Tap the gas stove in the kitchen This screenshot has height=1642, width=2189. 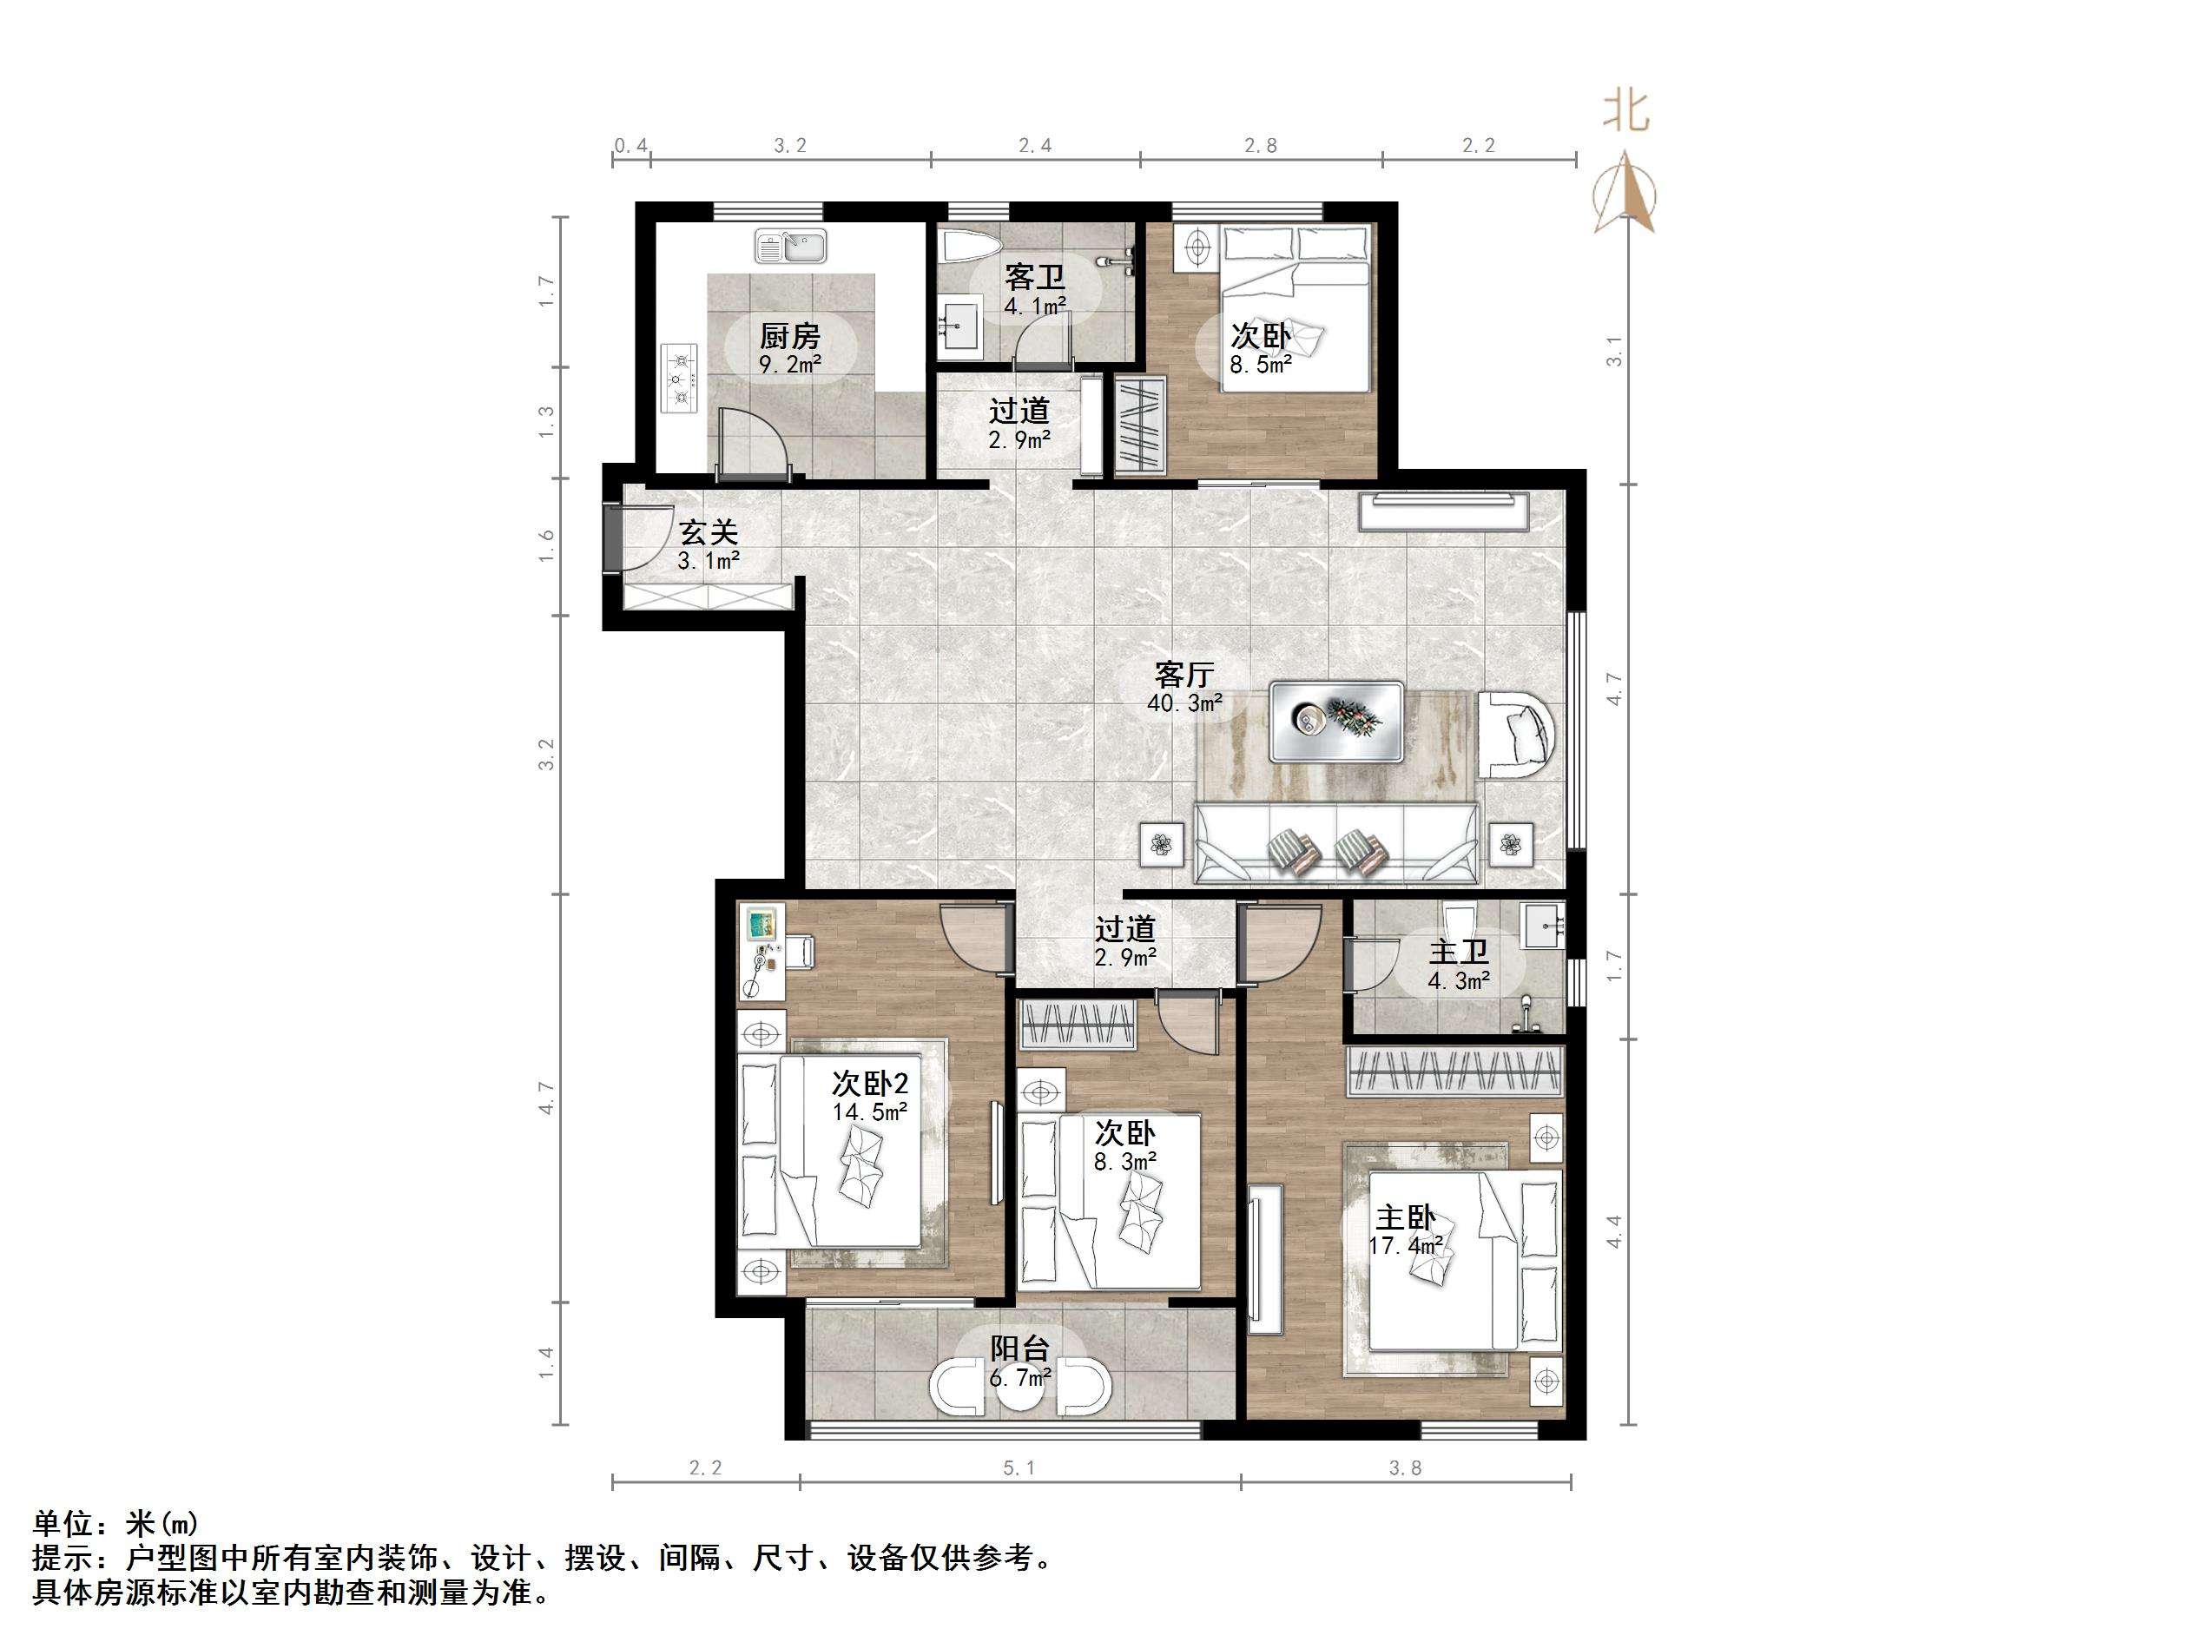click(x=679, y=377)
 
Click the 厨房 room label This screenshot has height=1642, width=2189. click(x=789, y=338)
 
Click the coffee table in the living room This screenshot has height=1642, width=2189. click(x=1336, y=722)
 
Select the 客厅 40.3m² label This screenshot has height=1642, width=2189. click(x=1184, y=688)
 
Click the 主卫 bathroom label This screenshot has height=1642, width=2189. click(x=1458, y=954)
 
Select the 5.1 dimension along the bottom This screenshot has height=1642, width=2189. click(x=1019, y=1469)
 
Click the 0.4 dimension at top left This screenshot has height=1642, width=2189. click(x=630, y=147)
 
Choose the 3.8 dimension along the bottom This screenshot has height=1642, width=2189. click(x=1404, y=1469)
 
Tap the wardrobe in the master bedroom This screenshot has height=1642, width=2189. click(x=1454, y=1071)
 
